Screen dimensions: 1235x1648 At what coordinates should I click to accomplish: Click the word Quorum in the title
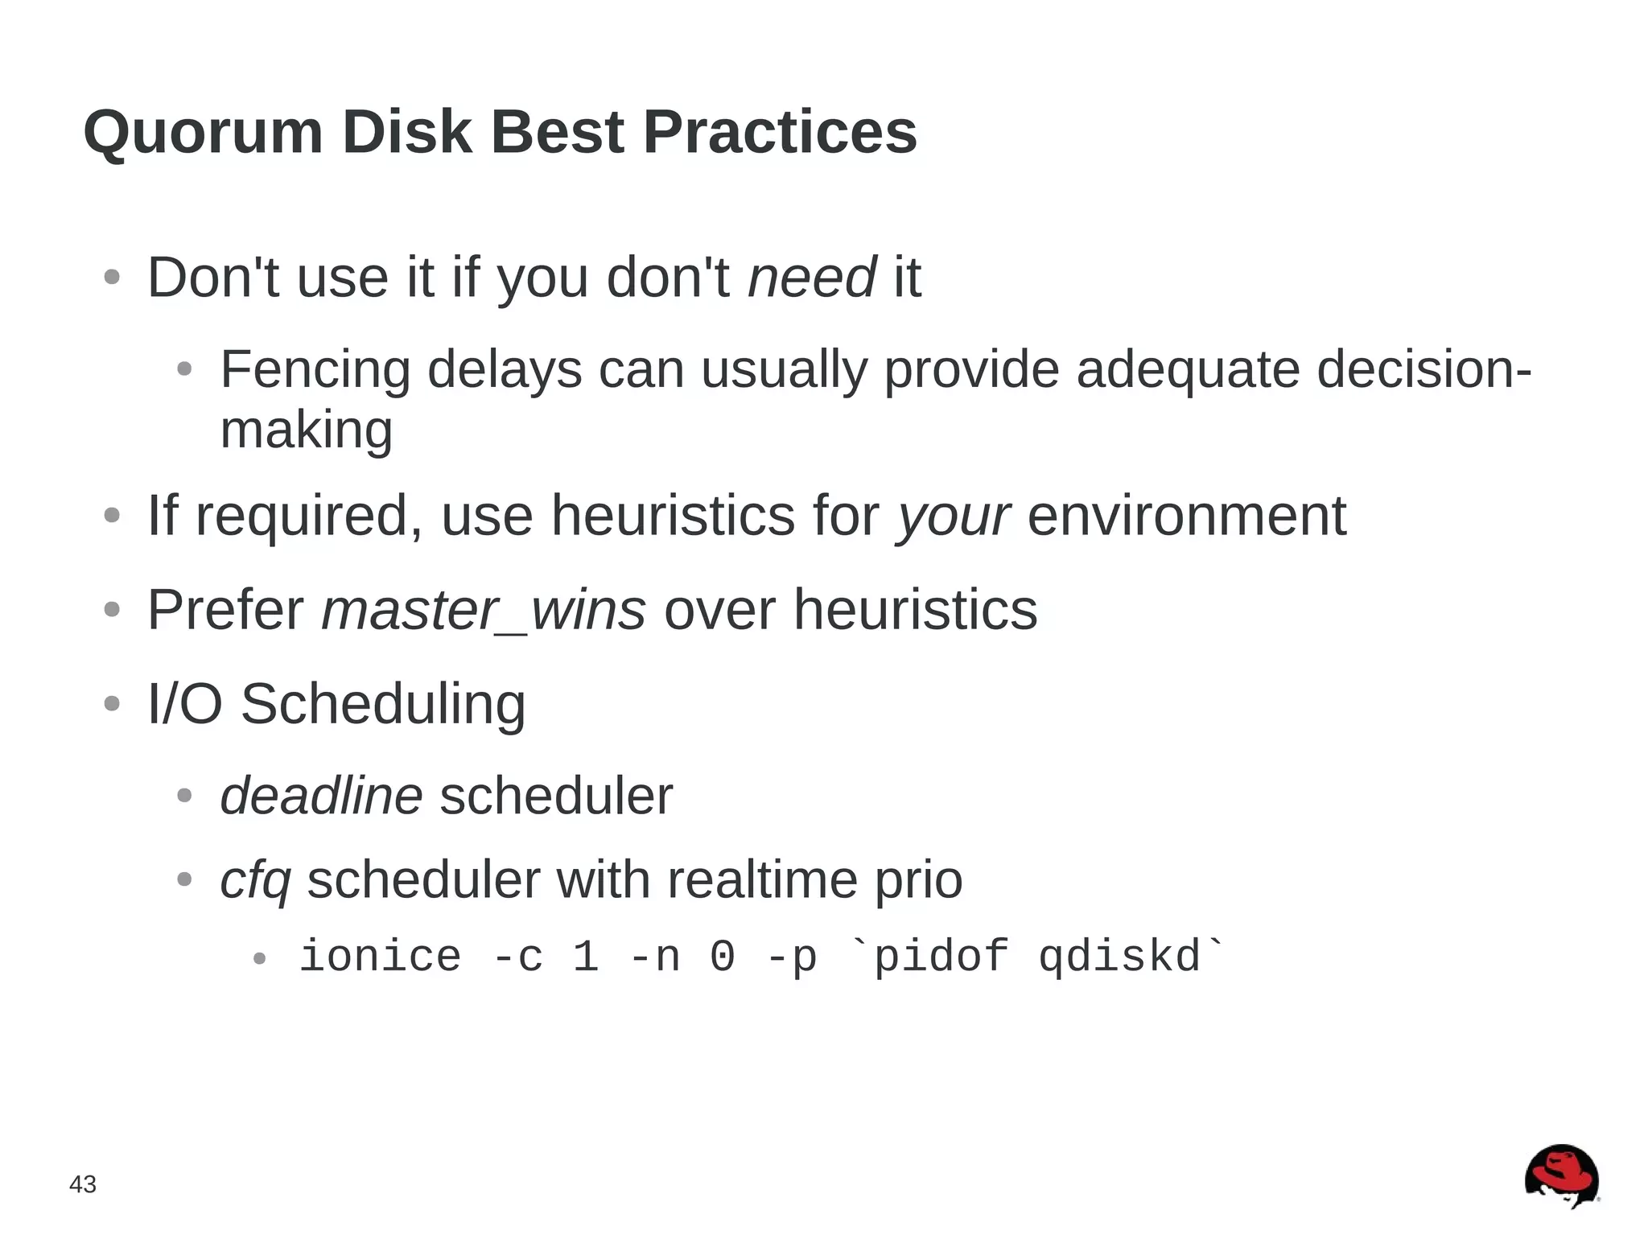[203, 132]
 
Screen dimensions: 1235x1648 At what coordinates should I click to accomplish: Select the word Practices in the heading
[780, 132]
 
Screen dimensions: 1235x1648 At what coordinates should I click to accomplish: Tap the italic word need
[811, 278]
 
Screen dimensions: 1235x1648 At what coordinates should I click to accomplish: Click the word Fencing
[315, 369]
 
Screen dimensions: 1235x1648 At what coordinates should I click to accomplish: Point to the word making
[307, 430]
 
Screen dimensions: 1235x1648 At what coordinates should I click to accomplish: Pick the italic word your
[954, 516]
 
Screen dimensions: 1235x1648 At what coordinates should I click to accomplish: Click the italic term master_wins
[484, 610]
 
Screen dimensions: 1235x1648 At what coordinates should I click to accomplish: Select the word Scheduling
[383, 704]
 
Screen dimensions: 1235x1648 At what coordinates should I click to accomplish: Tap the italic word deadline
[321, 796]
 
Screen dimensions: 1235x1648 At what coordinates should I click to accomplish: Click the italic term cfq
[255, 879]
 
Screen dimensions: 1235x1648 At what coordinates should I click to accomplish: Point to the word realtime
[762, 879]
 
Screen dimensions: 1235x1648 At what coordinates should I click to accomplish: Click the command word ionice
[381, 957]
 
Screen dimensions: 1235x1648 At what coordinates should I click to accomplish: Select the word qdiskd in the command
[1119, 957]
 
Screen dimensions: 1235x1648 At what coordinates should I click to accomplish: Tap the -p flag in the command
[793, 957]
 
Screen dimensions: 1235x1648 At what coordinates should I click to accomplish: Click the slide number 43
[83, 1184]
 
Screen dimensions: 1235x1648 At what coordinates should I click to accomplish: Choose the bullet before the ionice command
[259, 958]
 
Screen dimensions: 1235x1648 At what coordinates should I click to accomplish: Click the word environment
[1187, 516]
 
